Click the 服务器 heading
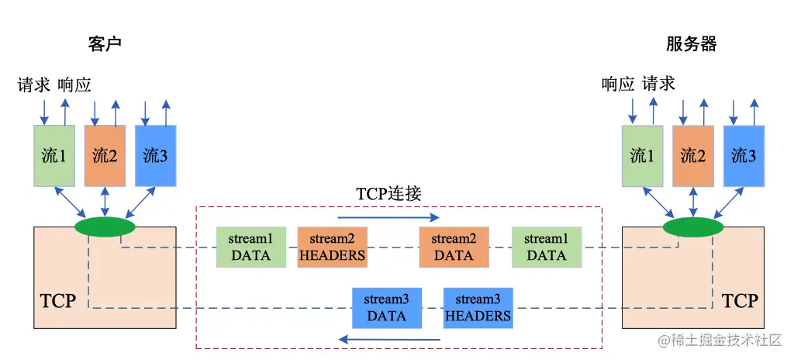[691, 43]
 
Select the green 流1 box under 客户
[54, 155]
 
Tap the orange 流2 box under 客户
[105, 155]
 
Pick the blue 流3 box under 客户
[156, 155]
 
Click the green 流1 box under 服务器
[642, 155]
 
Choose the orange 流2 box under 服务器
[693, 155]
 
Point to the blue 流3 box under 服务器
[744, 155]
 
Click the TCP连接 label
[388, 194]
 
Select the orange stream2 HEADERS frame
[332, 247]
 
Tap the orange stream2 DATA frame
[454, 247]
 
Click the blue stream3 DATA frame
[386, 307]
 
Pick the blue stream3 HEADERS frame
[478, 307]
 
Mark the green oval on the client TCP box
[105, 227]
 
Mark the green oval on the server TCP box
[693, 227]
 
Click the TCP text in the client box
[58, 300]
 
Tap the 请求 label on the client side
[34, 84]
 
